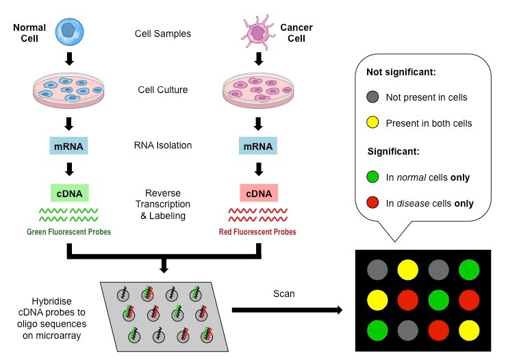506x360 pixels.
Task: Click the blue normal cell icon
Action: [69, 31]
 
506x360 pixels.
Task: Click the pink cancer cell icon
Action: [258, 32]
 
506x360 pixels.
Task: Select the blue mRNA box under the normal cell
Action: [68, 146]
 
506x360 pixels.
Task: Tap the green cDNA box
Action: [69, 193]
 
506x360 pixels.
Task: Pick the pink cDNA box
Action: [259, 193]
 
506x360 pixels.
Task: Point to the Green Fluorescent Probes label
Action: [68, 231]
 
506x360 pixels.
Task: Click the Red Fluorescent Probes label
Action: [257, 231]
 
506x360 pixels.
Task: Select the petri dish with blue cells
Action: [68, 90]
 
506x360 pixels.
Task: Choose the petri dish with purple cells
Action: [258, 90]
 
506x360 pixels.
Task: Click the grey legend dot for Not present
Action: [372, 97]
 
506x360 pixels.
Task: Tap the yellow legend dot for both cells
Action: [372, 123]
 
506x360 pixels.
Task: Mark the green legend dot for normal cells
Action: [372, 177]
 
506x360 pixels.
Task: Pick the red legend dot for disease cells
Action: [372, 203]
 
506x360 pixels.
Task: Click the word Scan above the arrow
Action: [284, 294]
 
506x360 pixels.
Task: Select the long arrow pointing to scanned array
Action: [287, 310]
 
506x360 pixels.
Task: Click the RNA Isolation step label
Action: [163, 145]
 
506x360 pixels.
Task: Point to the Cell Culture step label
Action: [163, 90]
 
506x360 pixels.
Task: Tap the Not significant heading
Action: [401, 72]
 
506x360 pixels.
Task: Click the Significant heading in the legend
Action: [394, 151]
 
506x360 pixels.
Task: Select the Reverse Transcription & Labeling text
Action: [163, 204]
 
